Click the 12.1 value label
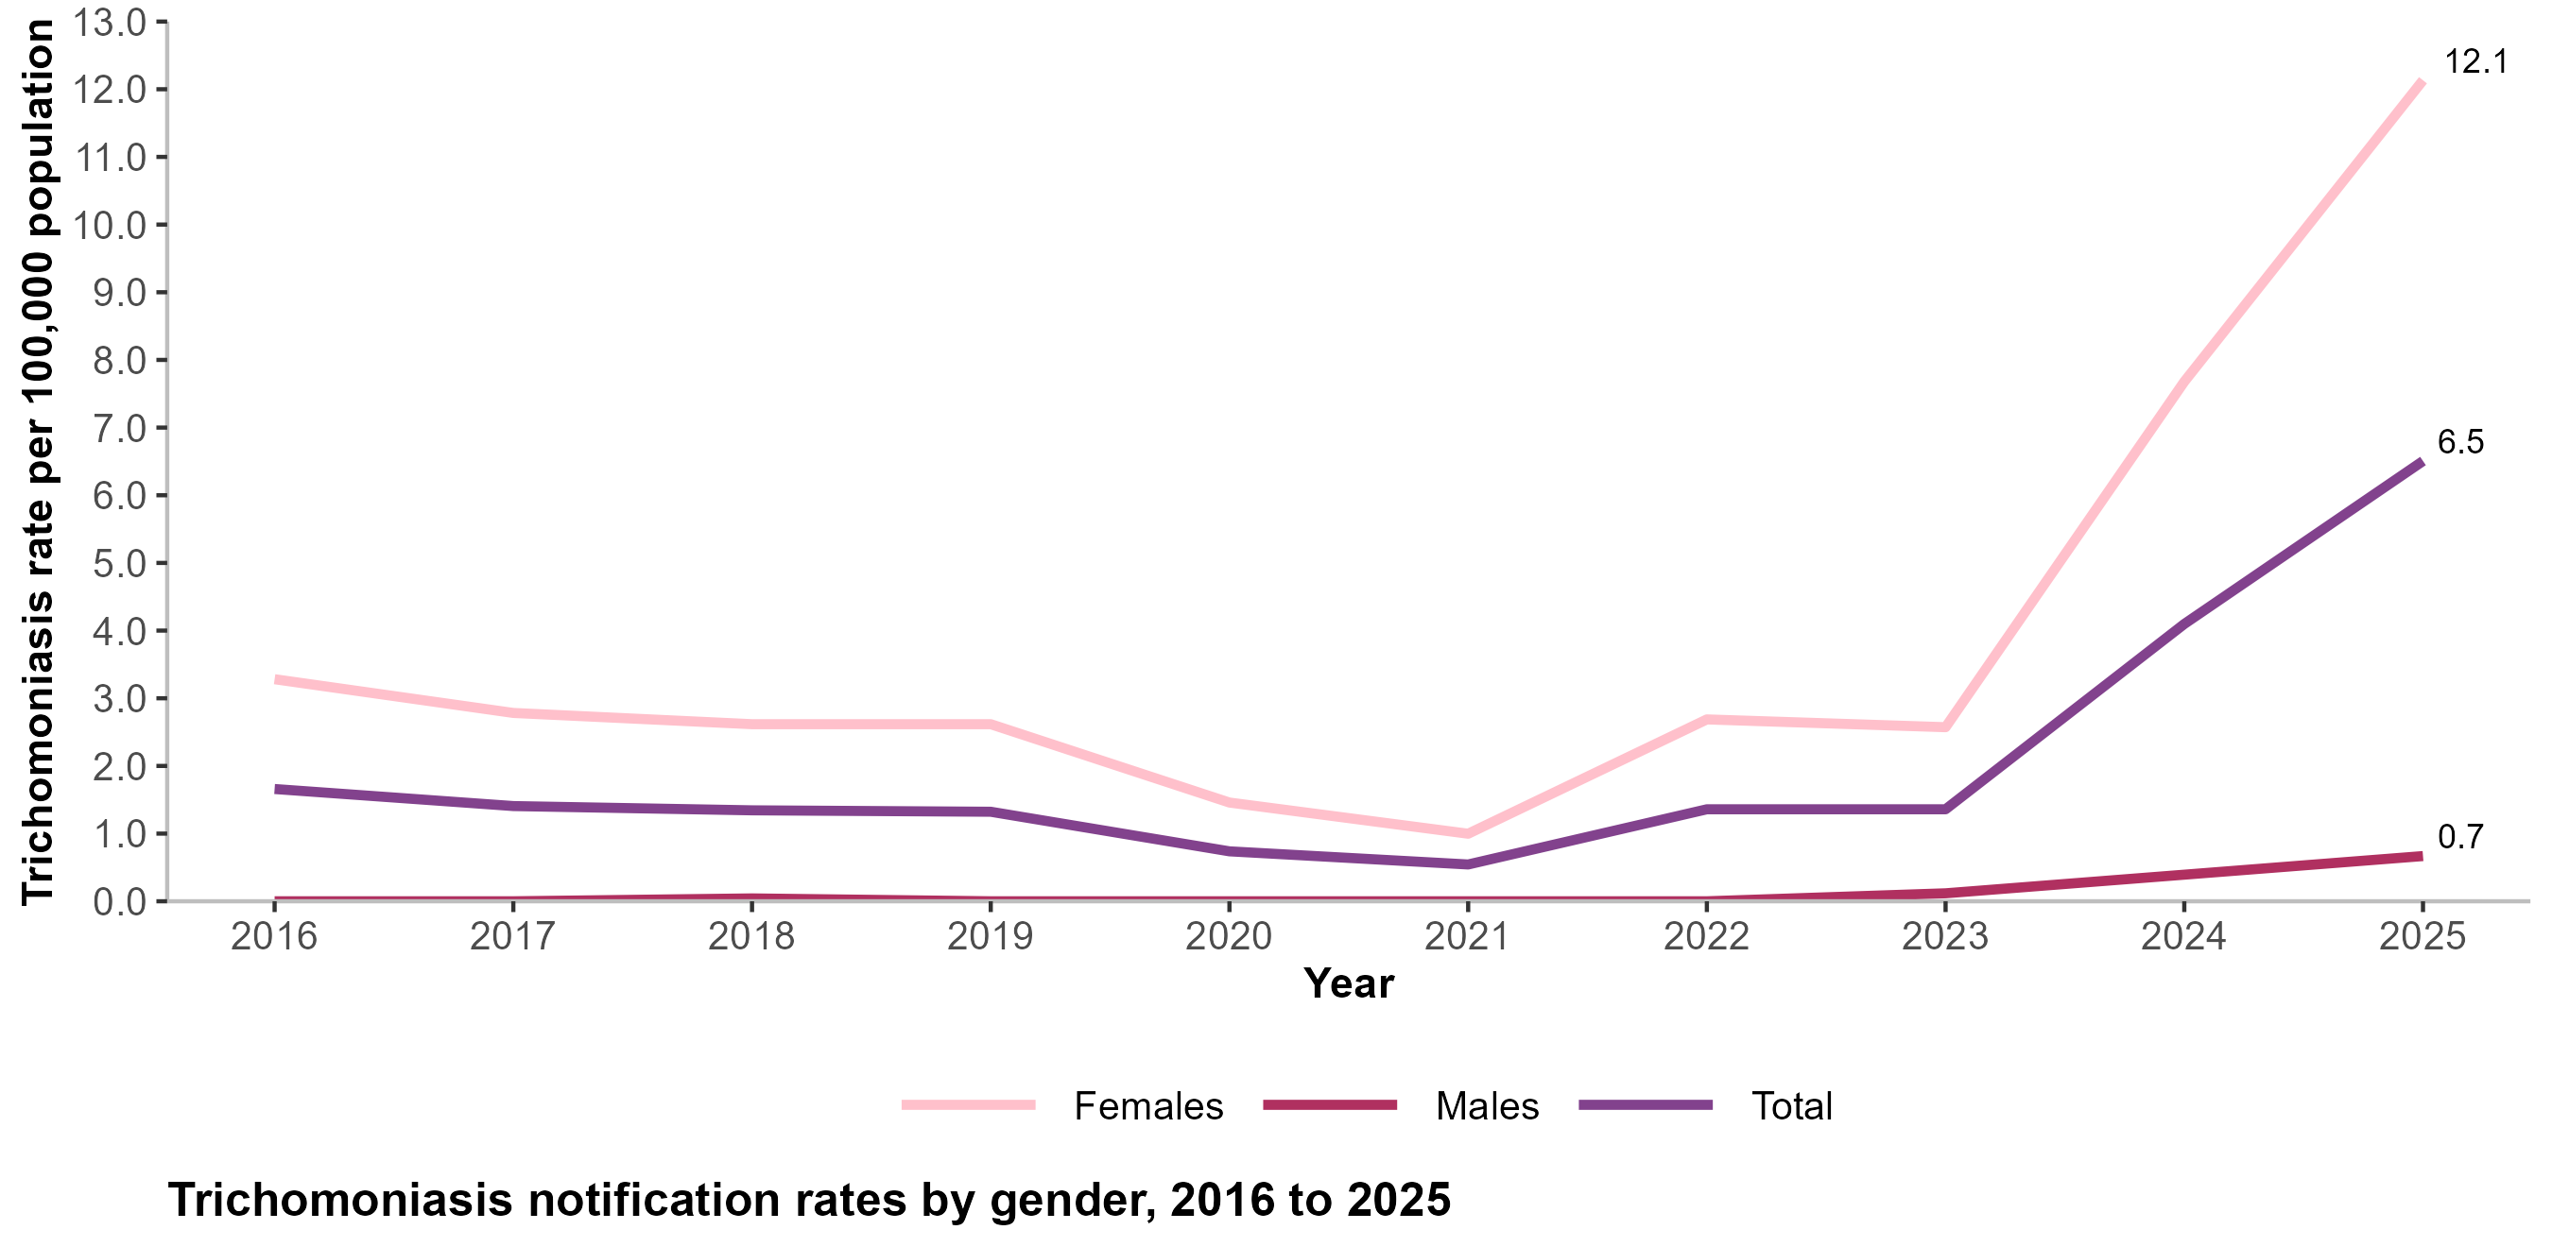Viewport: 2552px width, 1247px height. pyautogui.click(x=2474, y=62)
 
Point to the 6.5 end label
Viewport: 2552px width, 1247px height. pyautogui.click(x=2461, y=442)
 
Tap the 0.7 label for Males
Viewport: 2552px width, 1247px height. pyautogui.click(x=2461, y=837)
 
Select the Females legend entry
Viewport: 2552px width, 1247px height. pyautogui.click(x=1062, y=1105)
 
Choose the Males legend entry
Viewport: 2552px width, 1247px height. pyautogui.click(x=1401, y=1105)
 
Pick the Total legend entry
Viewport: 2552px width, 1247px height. pyautogui.click(x=1705, y=1105)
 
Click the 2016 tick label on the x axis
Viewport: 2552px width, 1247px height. pyautogui.click(x=274, y=936)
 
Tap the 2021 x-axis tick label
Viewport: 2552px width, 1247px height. pyautogui.click(x=1467, y=936)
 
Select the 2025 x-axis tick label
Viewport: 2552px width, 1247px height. pyautogui.click(x=2423, y=936)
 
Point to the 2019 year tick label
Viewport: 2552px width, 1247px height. pyautogui.click(x=991, y=936)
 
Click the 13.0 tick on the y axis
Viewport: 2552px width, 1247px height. pyautogui.click(x=110, y=22)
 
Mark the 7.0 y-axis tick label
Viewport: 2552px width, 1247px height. pyautogui.click(x=120, y=428)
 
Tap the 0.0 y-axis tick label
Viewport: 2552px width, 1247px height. pyautogui.click(x=120, y=901)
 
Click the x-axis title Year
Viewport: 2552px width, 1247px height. pyautogui.click(x=1349, y=983)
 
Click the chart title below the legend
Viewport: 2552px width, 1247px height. pyautogui.click(x=809, y=1201)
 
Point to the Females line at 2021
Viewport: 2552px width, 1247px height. pyautogui.click(x=1467, y=833)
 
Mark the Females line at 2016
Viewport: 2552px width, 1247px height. pyautogui.click(x=275, y=679)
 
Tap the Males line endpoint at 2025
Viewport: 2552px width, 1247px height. pyautogui.click(x=2422, y=856)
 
